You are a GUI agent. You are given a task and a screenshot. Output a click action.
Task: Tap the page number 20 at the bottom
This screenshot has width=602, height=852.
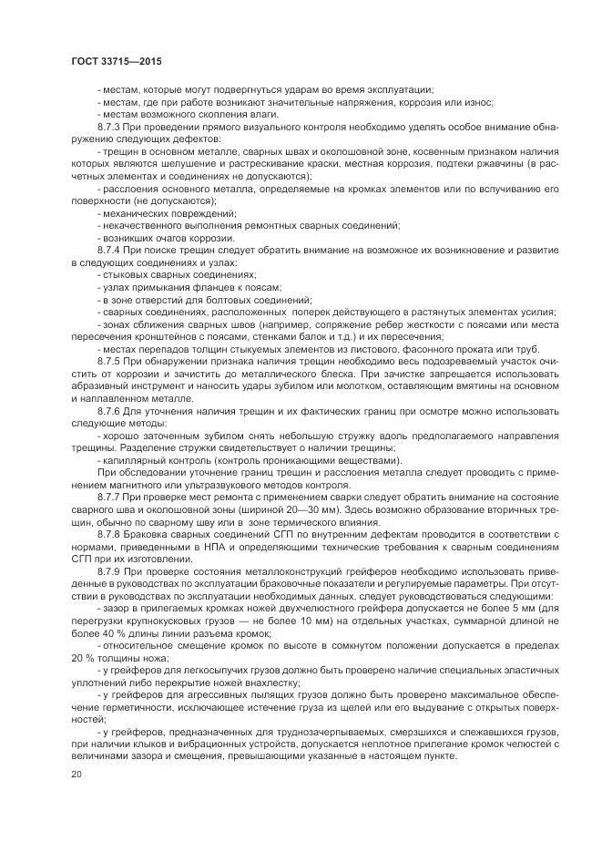(76, 774)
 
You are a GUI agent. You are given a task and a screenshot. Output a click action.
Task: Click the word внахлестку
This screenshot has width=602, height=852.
(272, 683)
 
